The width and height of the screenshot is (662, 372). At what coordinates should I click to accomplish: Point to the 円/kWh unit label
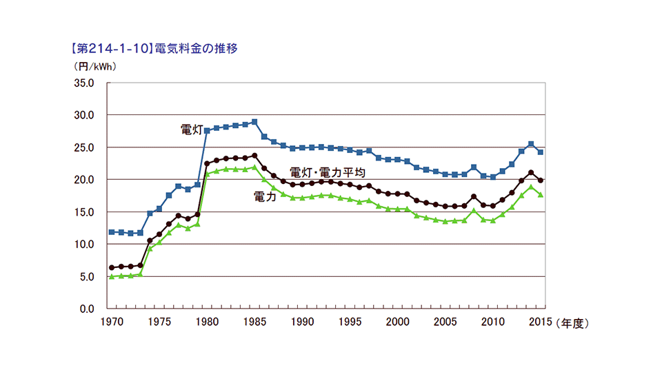click(x=94, y=67)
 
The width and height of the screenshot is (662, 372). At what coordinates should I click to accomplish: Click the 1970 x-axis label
click(x=111, y=322)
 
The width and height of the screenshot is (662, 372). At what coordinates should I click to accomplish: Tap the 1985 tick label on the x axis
click(x=254, y=322)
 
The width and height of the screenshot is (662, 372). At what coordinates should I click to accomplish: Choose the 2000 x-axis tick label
click(x=398, y=322)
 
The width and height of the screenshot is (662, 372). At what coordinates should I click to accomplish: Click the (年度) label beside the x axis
click(x=573, y=322)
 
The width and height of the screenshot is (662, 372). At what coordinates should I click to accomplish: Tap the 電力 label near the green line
click(x=265, y=196)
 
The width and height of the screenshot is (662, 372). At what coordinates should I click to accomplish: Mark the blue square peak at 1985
click(x=254, y=122)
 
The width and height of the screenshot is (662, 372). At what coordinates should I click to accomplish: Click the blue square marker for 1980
click(x=207, y=130)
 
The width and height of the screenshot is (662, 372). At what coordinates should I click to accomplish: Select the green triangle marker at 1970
click(x=112, y=276)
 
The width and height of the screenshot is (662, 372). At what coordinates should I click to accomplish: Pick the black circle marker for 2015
click(x=541, y=180)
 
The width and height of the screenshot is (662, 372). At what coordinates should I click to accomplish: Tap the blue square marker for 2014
click(x=531, y=144)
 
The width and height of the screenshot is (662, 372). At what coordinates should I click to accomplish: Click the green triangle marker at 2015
click(x=541, y=195)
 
